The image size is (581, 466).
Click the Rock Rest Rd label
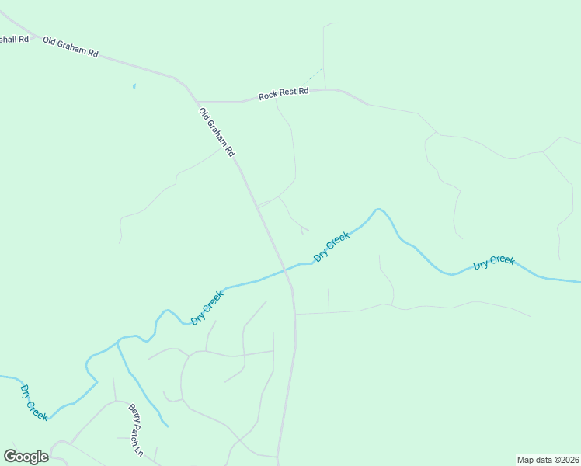pyautogui.click(x=284, y=93)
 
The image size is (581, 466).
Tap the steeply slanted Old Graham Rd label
pyautogui.click(x=217, y=133)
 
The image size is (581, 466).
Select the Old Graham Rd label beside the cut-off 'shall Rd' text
pyautogui.click(x=71, y=47)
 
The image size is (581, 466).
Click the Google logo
pyautogui.click(x=26, y=457)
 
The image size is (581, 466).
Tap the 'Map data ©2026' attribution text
pyautogui.click(x=547, y=460)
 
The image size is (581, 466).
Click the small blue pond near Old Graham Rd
pyautogui.click(x=134, y=86)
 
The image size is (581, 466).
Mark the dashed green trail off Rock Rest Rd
pyautogui.click(x=312, y=77)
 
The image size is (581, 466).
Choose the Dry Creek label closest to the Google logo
pyautogui.click(x=34, y=402)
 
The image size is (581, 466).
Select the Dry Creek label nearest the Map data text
pyautogui.click(x=493, y=262)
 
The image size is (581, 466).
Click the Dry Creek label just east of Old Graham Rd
pyautogui.click(x=332, y=245)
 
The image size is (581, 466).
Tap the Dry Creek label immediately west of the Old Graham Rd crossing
pyautogui.click(x=207, y=308)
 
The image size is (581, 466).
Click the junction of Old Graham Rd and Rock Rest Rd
pyautogui.click(x=197, y=101)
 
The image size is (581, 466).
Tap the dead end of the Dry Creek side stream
pyautogui.click(x=167, y=426)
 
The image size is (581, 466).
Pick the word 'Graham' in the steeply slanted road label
pyautogui.click(x=217, y=134)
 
